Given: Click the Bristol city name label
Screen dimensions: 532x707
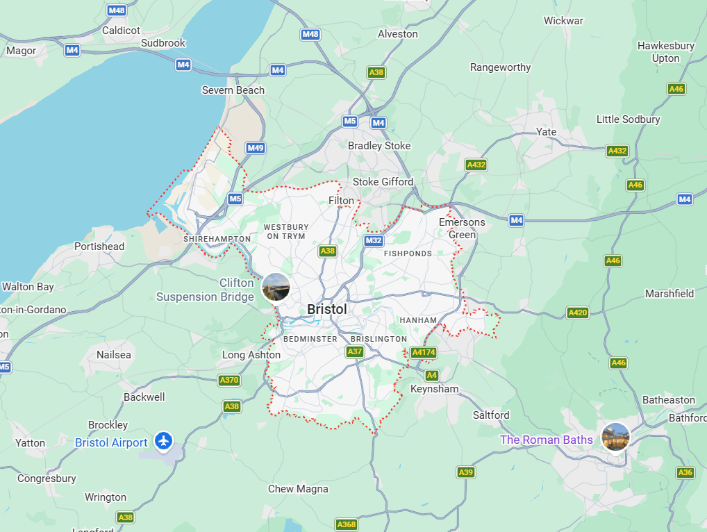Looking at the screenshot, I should click(x=326, y=309).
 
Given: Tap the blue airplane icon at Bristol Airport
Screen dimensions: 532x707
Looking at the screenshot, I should click(x=163, y=440).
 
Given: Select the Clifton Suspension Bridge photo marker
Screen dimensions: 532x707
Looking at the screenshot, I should click(x=276, y=288).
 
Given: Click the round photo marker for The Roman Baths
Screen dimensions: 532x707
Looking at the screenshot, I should click(x=615, y=437).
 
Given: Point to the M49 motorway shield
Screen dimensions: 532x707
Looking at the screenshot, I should click(x=256, y=148).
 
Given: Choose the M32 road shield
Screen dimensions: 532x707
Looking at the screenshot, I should click(x=374, y=240).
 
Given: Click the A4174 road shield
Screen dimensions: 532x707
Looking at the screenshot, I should click(x=424, y=352).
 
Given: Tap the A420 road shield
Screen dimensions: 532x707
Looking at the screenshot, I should click(x=578, y=313).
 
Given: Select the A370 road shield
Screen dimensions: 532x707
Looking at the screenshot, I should click(x=229, y=380).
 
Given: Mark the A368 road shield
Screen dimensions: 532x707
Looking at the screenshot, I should click(x=347, y=524).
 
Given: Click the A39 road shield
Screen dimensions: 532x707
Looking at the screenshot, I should click(x=466, y=472).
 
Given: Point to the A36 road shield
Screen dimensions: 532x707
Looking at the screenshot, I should click(x=685, y=472).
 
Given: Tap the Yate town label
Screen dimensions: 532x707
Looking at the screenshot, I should click(x=546, y=132).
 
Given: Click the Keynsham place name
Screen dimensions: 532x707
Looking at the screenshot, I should click(x=434, y=389).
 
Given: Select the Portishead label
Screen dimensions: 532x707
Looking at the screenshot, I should click(x=99, y=247).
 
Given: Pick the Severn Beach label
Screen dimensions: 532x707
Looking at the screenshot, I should click(x=233, y=90).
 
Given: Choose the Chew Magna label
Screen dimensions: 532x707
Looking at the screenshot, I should click(x=298, y=489).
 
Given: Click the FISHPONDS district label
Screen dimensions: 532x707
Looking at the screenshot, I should click(x=408, y=253).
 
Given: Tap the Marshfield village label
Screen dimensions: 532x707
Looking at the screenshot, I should click(x=669, y=294).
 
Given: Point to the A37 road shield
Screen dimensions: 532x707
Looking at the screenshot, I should click(x=355, y=352).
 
